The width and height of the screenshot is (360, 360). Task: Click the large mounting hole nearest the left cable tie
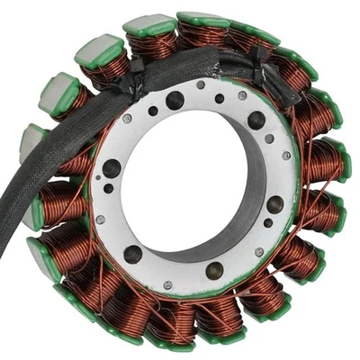click(x=175, y=100)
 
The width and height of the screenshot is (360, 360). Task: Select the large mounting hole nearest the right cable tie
click(x=256, y=121)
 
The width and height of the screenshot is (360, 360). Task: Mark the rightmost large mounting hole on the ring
click(x=274, y=204)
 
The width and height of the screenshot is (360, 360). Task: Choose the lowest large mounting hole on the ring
click(x=214, y=270)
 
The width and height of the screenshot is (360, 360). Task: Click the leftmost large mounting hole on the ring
click(x=112, y=167)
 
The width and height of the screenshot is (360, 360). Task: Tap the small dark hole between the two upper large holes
click(x=220, y=99)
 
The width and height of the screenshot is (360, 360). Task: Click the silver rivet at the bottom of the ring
click(x=168, y=285)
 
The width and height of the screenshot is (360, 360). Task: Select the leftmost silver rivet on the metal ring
click(x=100, y=220)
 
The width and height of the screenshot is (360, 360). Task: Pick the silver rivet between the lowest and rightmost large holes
click(x=255, y=253)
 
